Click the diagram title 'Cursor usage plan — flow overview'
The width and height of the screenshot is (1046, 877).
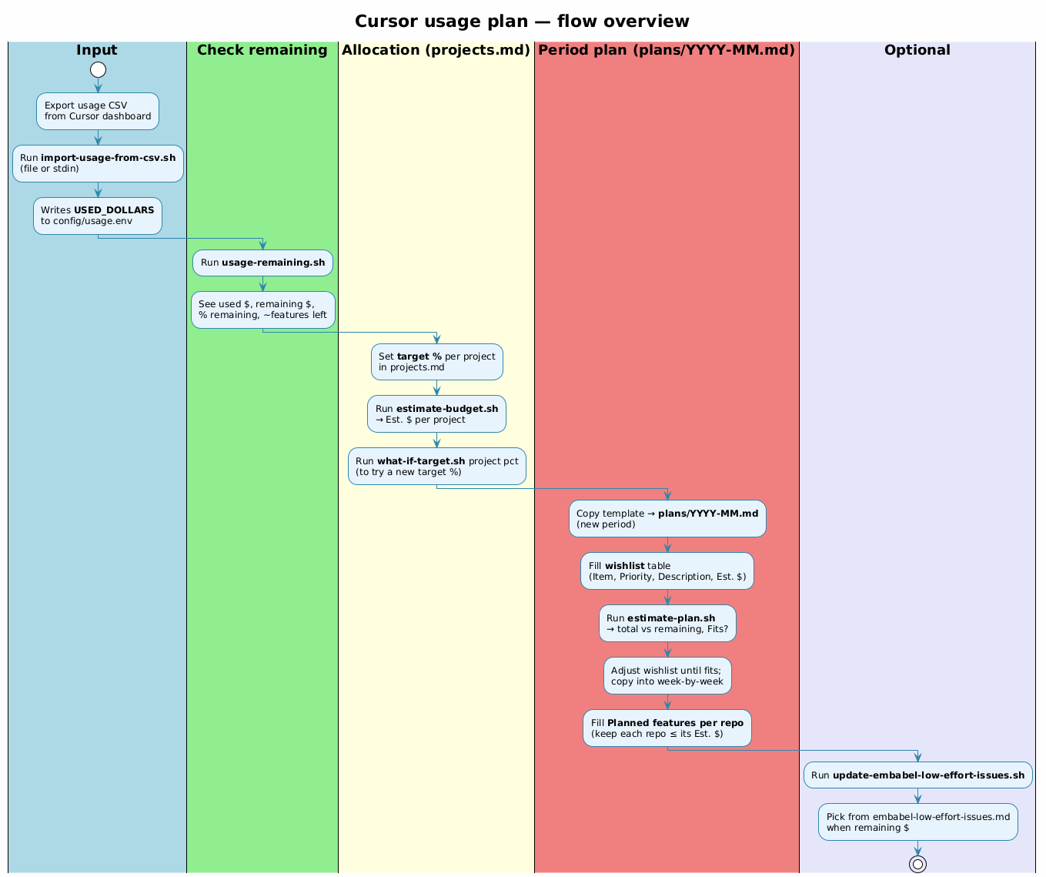click(522, 22)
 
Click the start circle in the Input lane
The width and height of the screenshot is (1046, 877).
click(98, 70)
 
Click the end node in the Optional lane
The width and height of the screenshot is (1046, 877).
click(917, 864)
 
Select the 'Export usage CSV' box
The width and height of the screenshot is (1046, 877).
click(98, 111)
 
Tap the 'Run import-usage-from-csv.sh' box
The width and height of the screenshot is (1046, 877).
click(98, 163)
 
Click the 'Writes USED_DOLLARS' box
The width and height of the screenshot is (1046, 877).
click(98, 216)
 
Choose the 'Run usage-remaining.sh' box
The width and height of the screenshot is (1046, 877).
click(262, 263)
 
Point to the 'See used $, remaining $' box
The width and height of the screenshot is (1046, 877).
click(262, 310)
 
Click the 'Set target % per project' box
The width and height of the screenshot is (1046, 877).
click(436, 362)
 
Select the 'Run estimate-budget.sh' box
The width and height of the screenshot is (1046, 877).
click(436, 414)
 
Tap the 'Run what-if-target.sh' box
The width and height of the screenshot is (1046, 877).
click(436, 467)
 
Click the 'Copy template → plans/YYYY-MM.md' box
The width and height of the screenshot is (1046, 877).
click(667, 519)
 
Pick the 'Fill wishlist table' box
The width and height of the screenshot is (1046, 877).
click(667, 571)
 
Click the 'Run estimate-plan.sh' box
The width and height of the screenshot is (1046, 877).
click(667, 624)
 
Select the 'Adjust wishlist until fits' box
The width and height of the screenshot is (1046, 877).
click(667, 676)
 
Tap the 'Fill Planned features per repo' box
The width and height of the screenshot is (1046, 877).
click(667, 728)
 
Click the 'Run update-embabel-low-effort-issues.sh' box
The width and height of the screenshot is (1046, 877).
click(917, 775)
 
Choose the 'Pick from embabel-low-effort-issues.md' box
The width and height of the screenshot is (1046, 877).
click(917, 822)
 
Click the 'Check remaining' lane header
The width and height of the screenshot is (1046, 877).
click(262, 51)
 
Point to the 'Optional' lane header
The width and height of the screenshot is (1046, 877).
click(917, 51)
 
